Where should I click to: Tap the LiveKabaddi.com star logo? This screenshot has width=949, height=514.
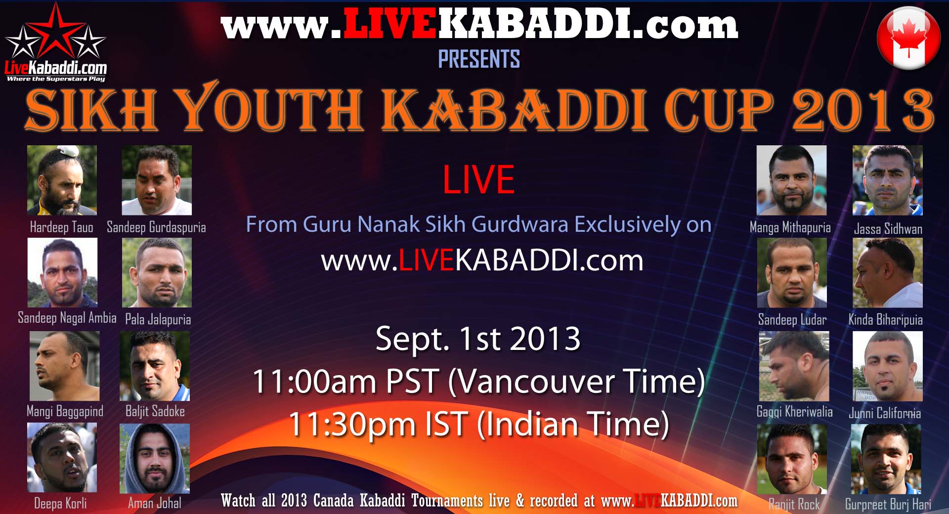click(x=55, y=43)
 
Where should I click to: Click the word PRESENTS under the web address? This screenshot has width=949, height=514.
click(x=479, y=59)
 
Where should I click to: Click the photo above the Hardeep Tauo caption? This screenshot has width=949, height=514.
click(x=62, y=180)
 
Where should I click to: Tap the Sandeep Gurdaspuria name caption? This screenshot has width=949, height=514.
click(x=156, y=227)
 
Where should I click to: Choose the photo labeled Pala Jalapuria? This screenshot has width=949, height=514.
click(x=157, y=273)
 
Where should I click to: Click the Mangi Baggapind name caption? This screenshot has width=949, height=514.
click(x=65, y=411)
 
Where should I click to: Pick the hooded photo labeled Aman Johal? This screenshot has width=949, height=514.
click(x=155, y=458)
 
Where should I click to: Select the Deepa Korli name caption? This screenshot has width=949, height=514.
click(x=60, y=503)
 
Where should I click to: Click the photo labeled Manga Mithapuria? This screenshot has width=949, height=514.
click(x=792, y=180)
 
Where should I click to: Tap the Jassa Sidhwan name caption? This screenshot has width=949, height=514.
click(x=888, y=229)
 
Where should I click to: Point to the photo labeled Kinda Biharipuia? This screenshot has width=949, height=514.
click(x=888, y=273)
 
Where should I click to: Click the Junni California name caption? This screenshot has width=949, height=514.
click(x=885, y=413)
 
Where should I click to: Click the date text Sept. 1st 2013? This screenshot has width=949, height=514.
click(x=478, y=339)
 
